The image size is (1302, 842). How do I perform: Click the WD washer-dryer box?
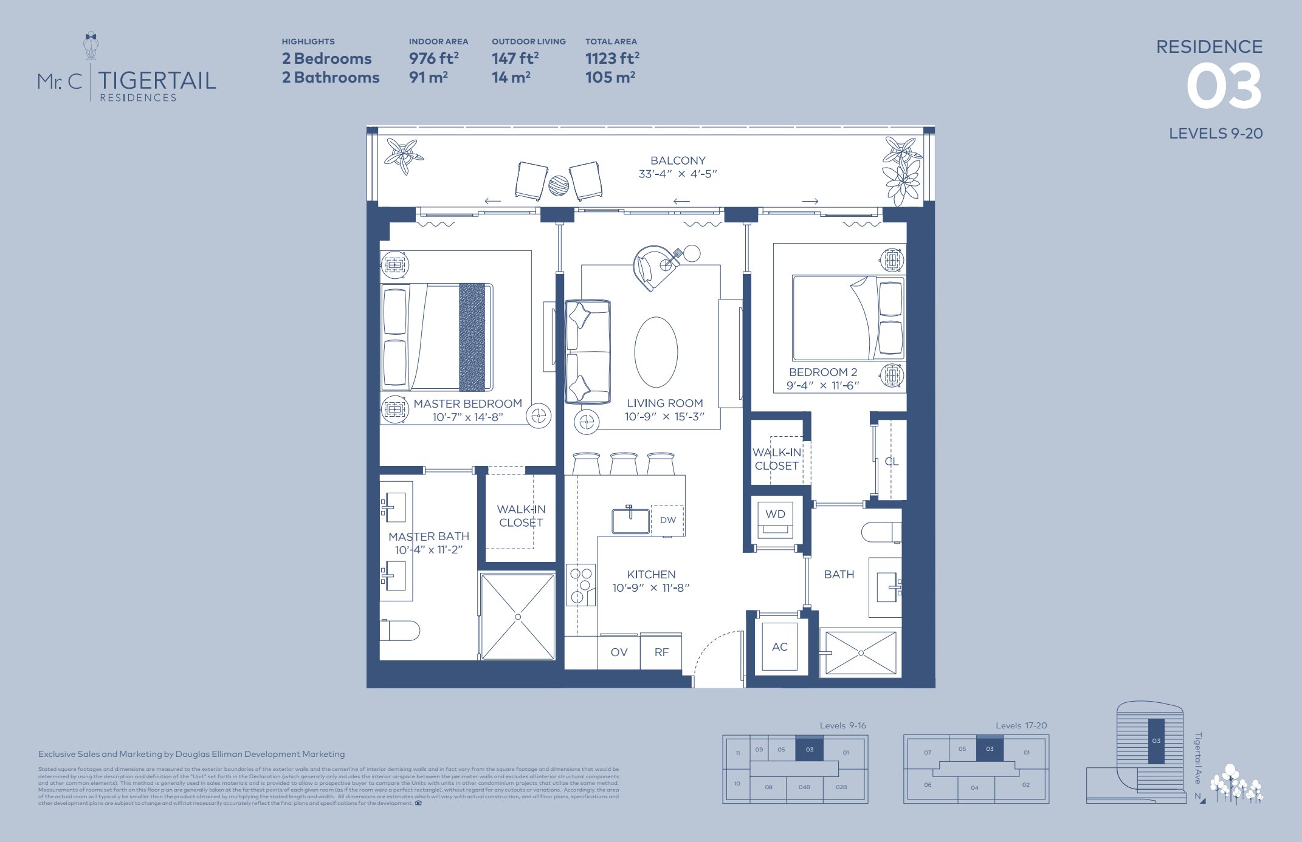[775, 519]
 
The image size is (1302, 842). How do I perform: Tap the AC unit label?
[780, 647]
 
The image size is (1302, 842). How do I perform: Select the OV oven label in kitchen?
[619, 652]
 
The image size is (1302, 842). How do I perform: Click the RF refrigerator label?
[661, 652]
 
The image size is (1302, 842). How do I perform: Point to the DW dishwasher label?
[667, 520]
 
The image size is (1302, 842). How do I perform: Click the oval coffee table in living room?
[656, 352]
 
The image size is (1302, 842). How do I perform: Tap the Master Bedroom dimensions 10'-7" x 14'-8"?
[467, 417]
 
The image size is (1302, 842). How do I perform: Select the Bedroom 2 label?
[823, 372]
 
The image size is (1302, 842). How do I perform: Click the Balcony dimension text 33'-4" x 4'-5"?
[678, 174]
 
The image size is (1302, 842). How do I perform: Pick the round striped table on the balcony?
[559, 185]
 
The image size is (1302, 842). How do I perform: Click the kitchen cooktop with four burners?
[580, 585]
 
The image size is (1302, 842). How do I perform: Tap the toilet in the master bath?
[401, 631]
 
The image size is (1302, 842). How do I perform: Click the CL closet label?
[891, 462]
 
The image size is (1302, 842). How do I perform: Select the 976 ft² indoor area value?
[433, 58]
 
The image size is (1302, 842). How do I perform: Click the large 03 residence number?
[1224, 87]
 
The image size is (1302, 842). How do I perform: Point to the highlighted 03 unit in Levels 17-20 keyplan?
[990, 748]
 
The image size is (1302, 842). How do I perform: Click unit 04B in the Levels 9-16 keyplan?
[804, 787]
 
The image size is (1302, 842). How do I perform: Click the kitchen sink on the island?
[630, 521]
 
